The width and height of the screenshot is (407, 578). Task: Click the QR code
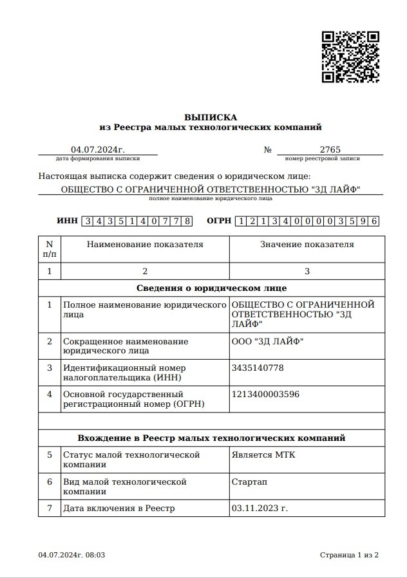pos(350,56)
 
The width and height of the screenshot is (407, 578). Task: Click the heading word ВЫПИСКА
pos(211,117)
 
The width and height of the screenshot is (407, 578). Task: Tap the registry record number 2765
pos(330,149)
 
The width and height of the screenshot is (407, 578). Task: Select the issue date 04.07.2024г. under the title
pos(98,149)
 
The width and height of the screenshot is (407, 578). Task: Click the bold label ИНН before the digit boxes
pos(67,221)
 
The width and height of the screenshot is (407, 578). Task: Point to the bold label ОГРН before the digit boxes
pos(219,221)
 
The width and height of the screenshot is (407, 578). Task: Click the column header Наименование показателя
pos(145,245)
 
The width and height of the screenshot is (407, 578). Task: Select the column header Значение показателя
pos(307,245)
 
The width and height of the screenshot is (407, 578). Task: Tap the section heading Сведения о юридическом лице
pos(212,288)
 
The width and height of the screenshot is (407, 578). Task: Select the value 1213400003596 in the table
pos(265,394)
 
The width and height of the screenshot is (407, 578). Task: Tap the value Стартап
pos(249,481)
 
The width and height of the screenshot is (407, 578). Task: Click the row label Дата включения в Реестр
pos(119,508)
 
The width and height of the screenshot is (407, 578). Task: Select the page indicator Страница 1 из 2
pos(349,555)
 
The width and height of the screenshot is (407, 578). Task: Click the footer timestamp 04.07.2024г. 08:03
pos(71,555)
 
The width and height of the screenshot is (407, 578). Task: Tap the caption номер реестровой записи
pos(322,158)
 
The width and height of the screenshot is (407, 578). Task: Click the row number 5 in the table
pos(50,455)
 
